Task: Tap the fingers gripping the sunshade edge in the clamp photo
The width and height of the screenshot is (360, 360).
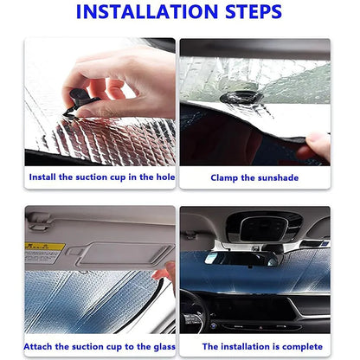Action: coord(318,145)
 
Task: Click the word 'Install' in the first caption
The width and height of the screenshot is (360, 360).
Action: coord(43,177)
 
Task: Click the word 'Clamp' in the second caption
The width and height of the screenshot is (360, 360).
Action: coord(227,177)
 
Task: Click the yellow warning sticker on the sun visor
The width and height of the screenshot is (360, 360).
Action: coord(44,252)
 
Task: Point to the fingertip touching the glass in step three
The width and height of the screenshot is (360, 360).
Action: coord(163,275)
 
